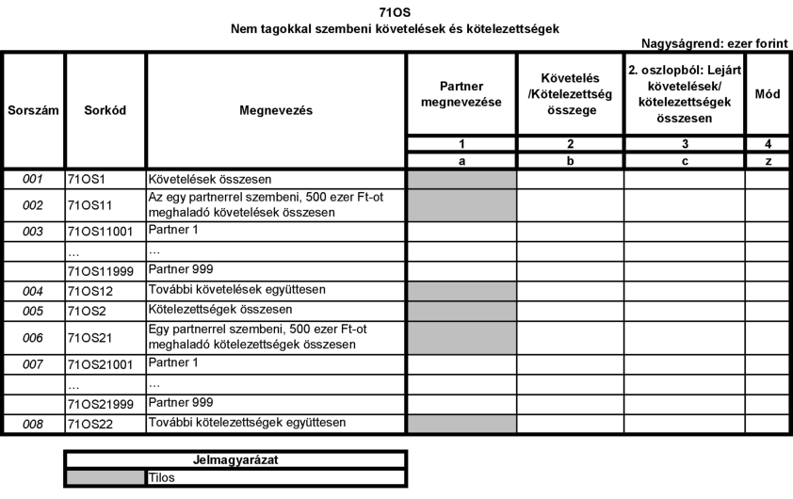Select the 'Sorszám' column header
click(33, 109)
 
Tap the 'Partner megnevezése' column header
click(461, 94)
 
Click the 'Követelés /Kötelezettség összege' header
click(569, 94)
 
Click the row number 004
click(33, 290)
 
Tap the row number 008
click(33, 424)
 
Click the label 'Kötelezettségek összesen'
click(204, 309)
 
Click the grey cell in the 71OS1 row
click(461, 177)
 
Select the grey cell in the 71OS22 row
click(461, 424)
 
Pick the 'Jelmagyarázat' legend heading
click(235, 460)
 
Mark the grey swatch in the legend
click(105, 477)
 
